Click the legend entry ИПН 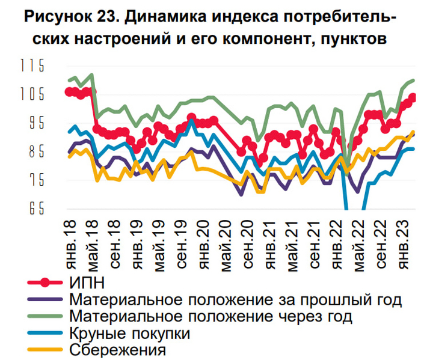(87, 281)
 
